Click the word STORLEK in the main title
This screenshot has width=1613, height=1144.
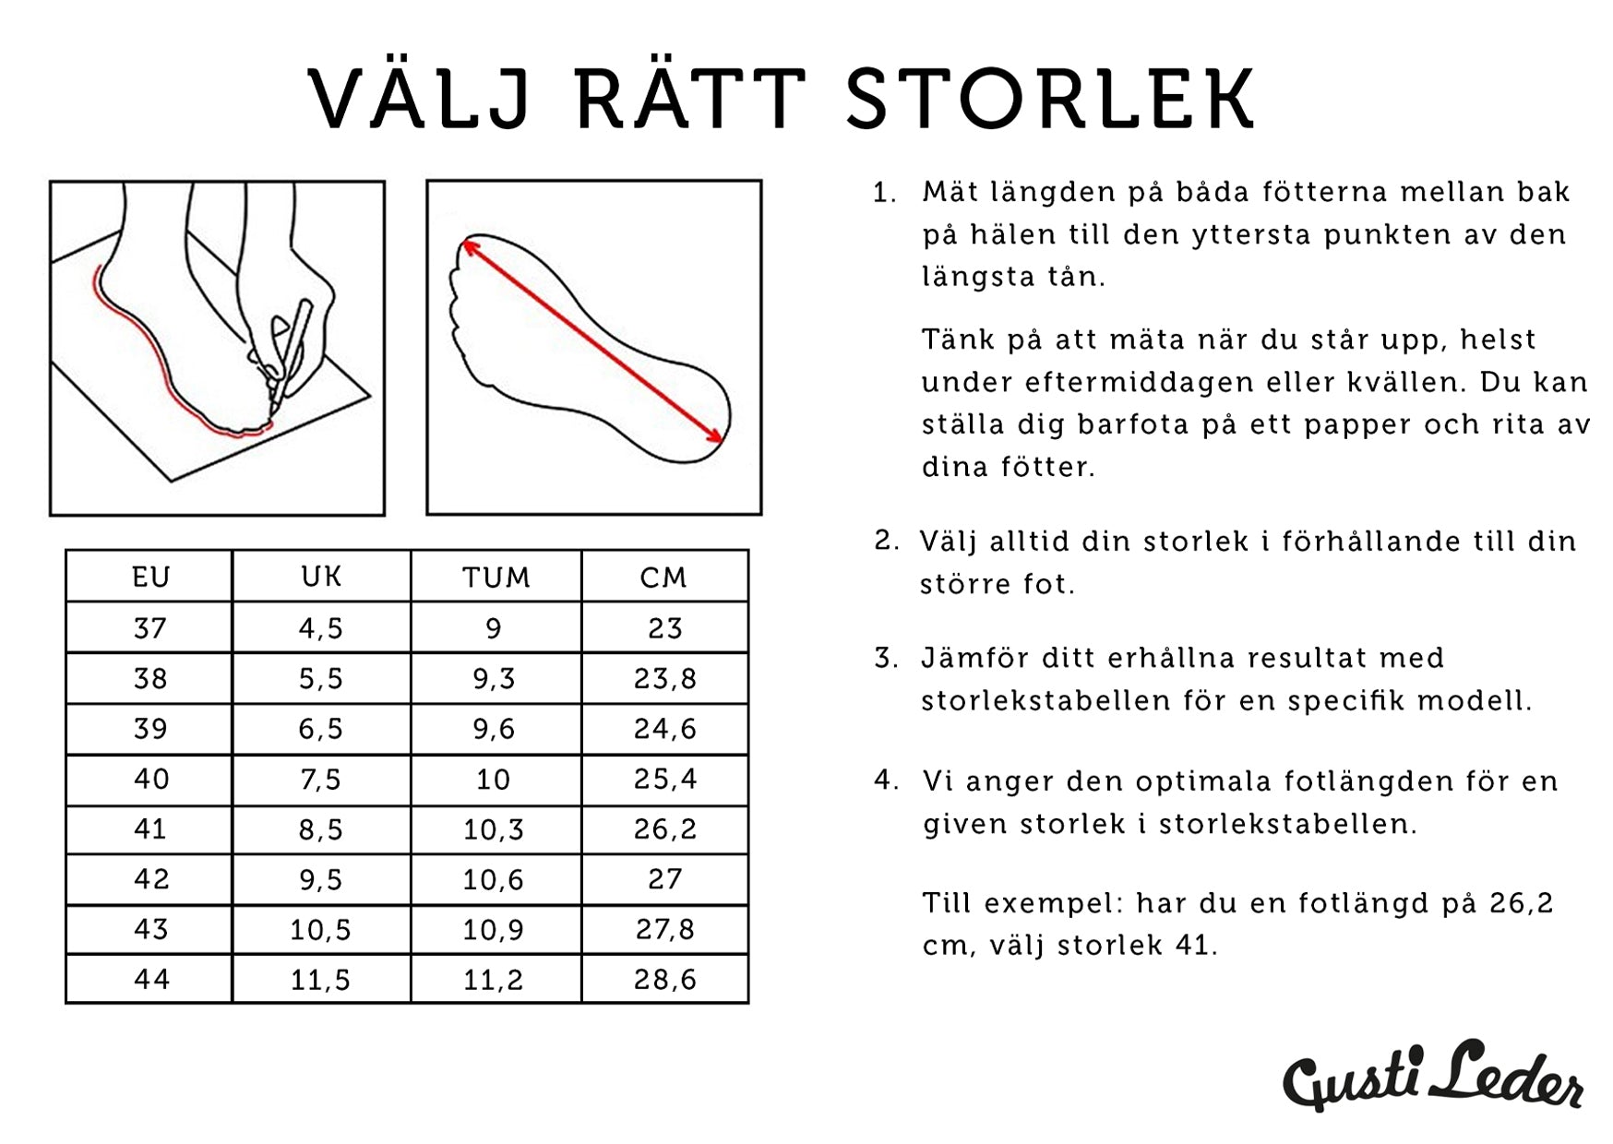[x=1048, y=97]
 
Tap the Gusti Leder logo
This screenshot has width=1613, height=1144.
[x=1434, y=1075]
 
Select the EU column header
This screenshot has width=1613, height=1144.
[x=150, y=578]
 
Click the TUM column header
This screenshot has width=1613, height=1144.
[x=496, y=578]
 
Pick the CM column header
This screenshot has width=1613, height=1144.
[x=664, y=578]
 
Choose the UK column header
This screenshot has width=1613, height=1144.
[x=321, y=578]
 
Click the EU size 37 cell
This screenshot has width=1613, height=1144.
[x=150, y=628]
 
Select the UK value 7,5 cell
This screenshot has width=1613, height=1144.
[x=321, y=780]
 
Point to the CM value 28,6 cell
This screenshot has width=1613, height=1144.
[x=664, y=979]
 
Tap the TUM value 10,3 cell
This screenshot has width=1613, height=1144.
[x=496, y=829]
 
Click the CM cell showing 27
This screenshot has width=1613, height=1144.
[x=664, y=879]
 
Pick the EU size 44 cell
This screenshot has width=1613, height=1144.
[x=150, y=979]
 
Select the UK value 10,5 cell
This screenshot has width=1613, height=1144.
[x=321, y=929]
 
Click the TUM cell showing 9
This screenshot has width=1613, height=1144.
[x=496, y=628]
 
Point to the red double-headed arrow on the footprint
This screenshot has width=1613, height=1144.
[x=592, y=341]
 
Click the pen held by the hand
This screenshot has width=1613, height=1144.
[x=290, y=355]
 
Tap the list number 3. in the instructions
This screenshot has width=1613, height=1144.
[x=886, y=659]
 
